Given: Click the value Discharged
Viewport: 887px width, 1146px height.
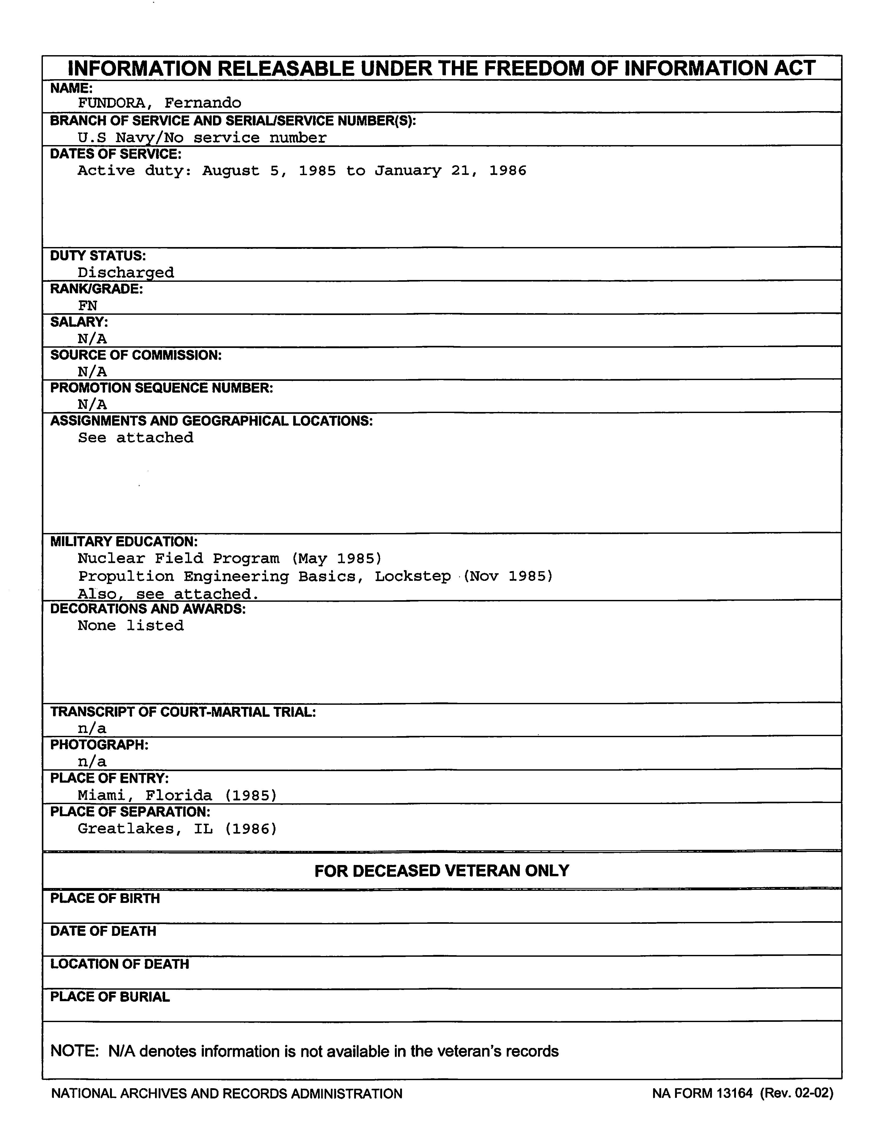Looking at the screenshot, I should point(126,272).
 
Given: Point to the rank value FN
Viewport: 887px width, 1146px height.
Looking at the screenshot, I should point(88,305).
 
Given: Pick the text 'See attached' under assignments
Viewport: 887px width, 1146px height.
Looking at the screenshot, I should point(136,438).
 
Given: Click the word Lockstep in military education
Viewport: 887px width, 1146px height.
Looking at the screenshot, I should point(412,576).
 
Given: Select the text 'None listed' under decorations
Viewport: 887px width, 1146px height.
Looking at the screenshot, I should point(131,626).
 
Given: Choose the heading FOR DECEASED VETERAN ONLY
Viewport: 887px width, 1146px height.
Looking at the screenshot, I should point(442,870).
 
